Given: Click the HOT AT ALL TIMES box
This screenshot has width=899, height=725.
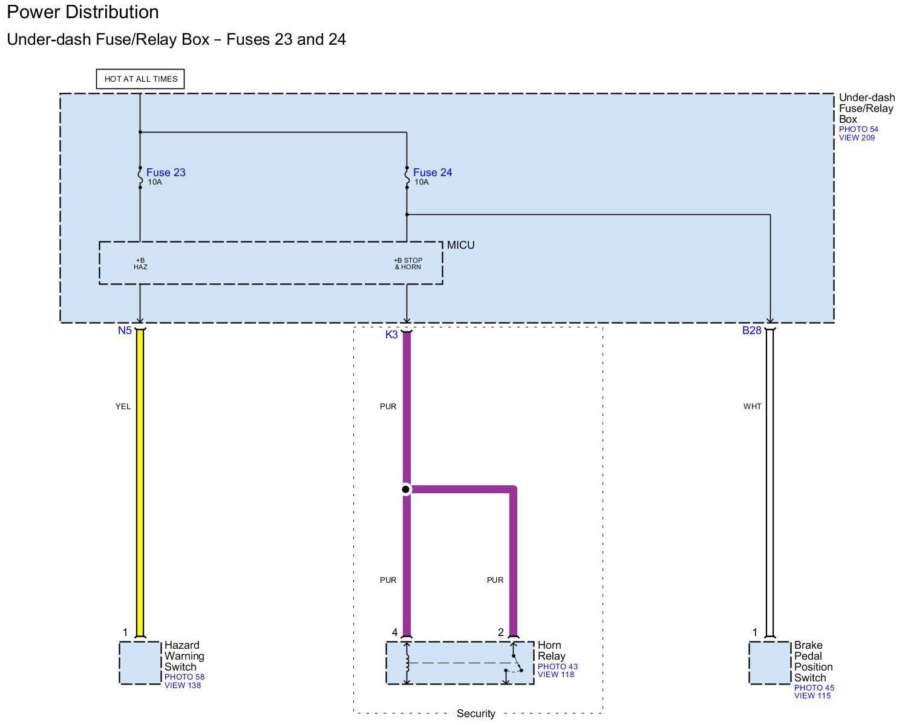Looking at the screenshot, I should [x=140, y=79].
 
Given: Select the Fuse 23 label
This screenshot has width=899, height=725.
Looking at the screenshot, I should [x=166, y=172].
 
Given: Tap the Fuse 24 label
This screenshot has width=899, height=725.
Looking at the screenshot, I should [x=433, y=172].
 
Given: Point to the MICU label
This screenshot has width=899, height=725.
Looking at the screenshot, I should [x=461, y=245].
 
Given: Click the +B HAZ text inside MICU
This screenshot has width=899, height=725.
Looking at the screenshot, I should [x=140, y=264].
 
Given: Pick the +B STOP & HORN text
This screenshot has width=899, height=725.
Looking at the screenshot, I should [x=408, y=264].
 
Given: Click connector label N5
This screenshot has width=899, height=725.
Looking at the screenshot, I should [x=125, y=330].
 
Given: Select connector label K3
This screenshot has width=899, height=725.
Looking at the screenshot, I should [x=391, y=334].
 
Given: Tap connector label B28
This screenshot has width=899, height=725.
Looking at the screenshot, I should [x=751, y=330].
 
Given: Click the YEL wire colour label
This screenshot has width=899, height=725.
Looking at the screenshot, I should [x=123, y=407].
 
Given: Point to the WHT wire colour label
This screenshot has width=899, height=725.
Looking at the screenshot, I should [x=752, y=407].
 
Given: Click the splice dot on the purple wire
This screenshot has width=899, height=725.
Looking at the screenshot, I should [x=406, y=489].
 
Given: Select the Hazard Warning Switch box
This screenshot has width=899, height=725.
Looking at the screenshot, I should [x=140, y=663].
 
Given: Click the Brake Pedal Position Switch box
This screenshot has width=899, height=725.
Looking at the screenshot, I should [x=770, y=663].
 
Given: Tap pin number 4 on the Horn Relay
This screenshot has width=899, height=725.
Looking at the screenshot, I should [x=394, y=632].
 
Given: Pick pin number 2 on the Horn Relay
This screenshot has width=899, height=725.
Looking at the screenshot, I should [x=501, y=632].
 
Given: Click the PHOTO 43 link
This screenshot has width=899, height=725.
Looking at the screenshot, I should [x=557, y=667].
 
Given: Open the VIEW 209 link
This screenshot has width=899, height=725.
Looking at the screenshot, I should [x=857, y=138].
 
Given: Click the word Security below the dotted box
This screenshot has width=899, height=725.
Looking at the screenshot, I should [x=476, y=714].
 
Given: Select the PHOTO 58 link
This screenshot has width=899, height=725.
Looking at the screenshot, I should [x=184, y=677].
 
